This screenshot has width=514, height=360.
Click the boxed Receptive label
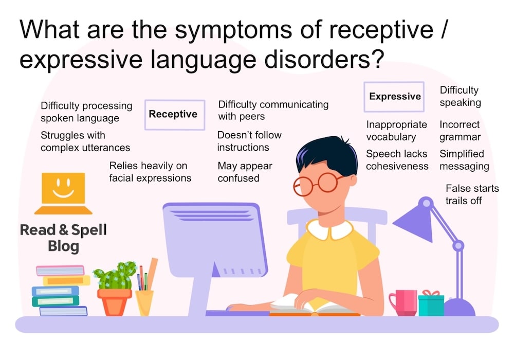[x=173, y=114]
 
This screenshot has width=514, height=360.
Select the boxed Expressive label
[x=394, y=97]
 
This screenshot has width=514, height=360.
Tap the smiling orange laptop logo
[x=63, y=193]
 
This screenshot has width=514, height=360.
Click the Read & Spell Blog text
[x=63, y=238]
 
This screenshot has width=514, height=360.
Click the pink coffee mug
[x=402, y=302]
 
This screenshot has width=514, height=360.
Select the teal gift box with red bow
[x=431, y=303]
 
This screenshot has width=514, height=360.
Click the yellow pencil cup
[x=144, y=302]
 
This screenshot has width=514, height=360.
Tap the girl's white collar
[x=329, y=229]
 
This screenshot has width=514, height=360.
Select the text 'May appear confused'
[x=244, y=172]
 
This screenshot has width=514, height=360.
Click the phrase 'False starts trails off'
[x=471, y=194]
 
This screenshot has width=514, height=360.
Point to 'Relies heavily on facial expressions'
[x=150, y=172]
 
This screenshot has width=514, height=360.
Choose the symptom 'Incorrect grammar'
[x=460, y=131]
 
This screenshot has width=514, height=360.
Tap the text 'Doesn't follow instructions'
[x=249, y=141]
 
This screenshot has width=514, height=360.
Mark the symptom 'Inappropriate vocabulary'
[x=396, y=131]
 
